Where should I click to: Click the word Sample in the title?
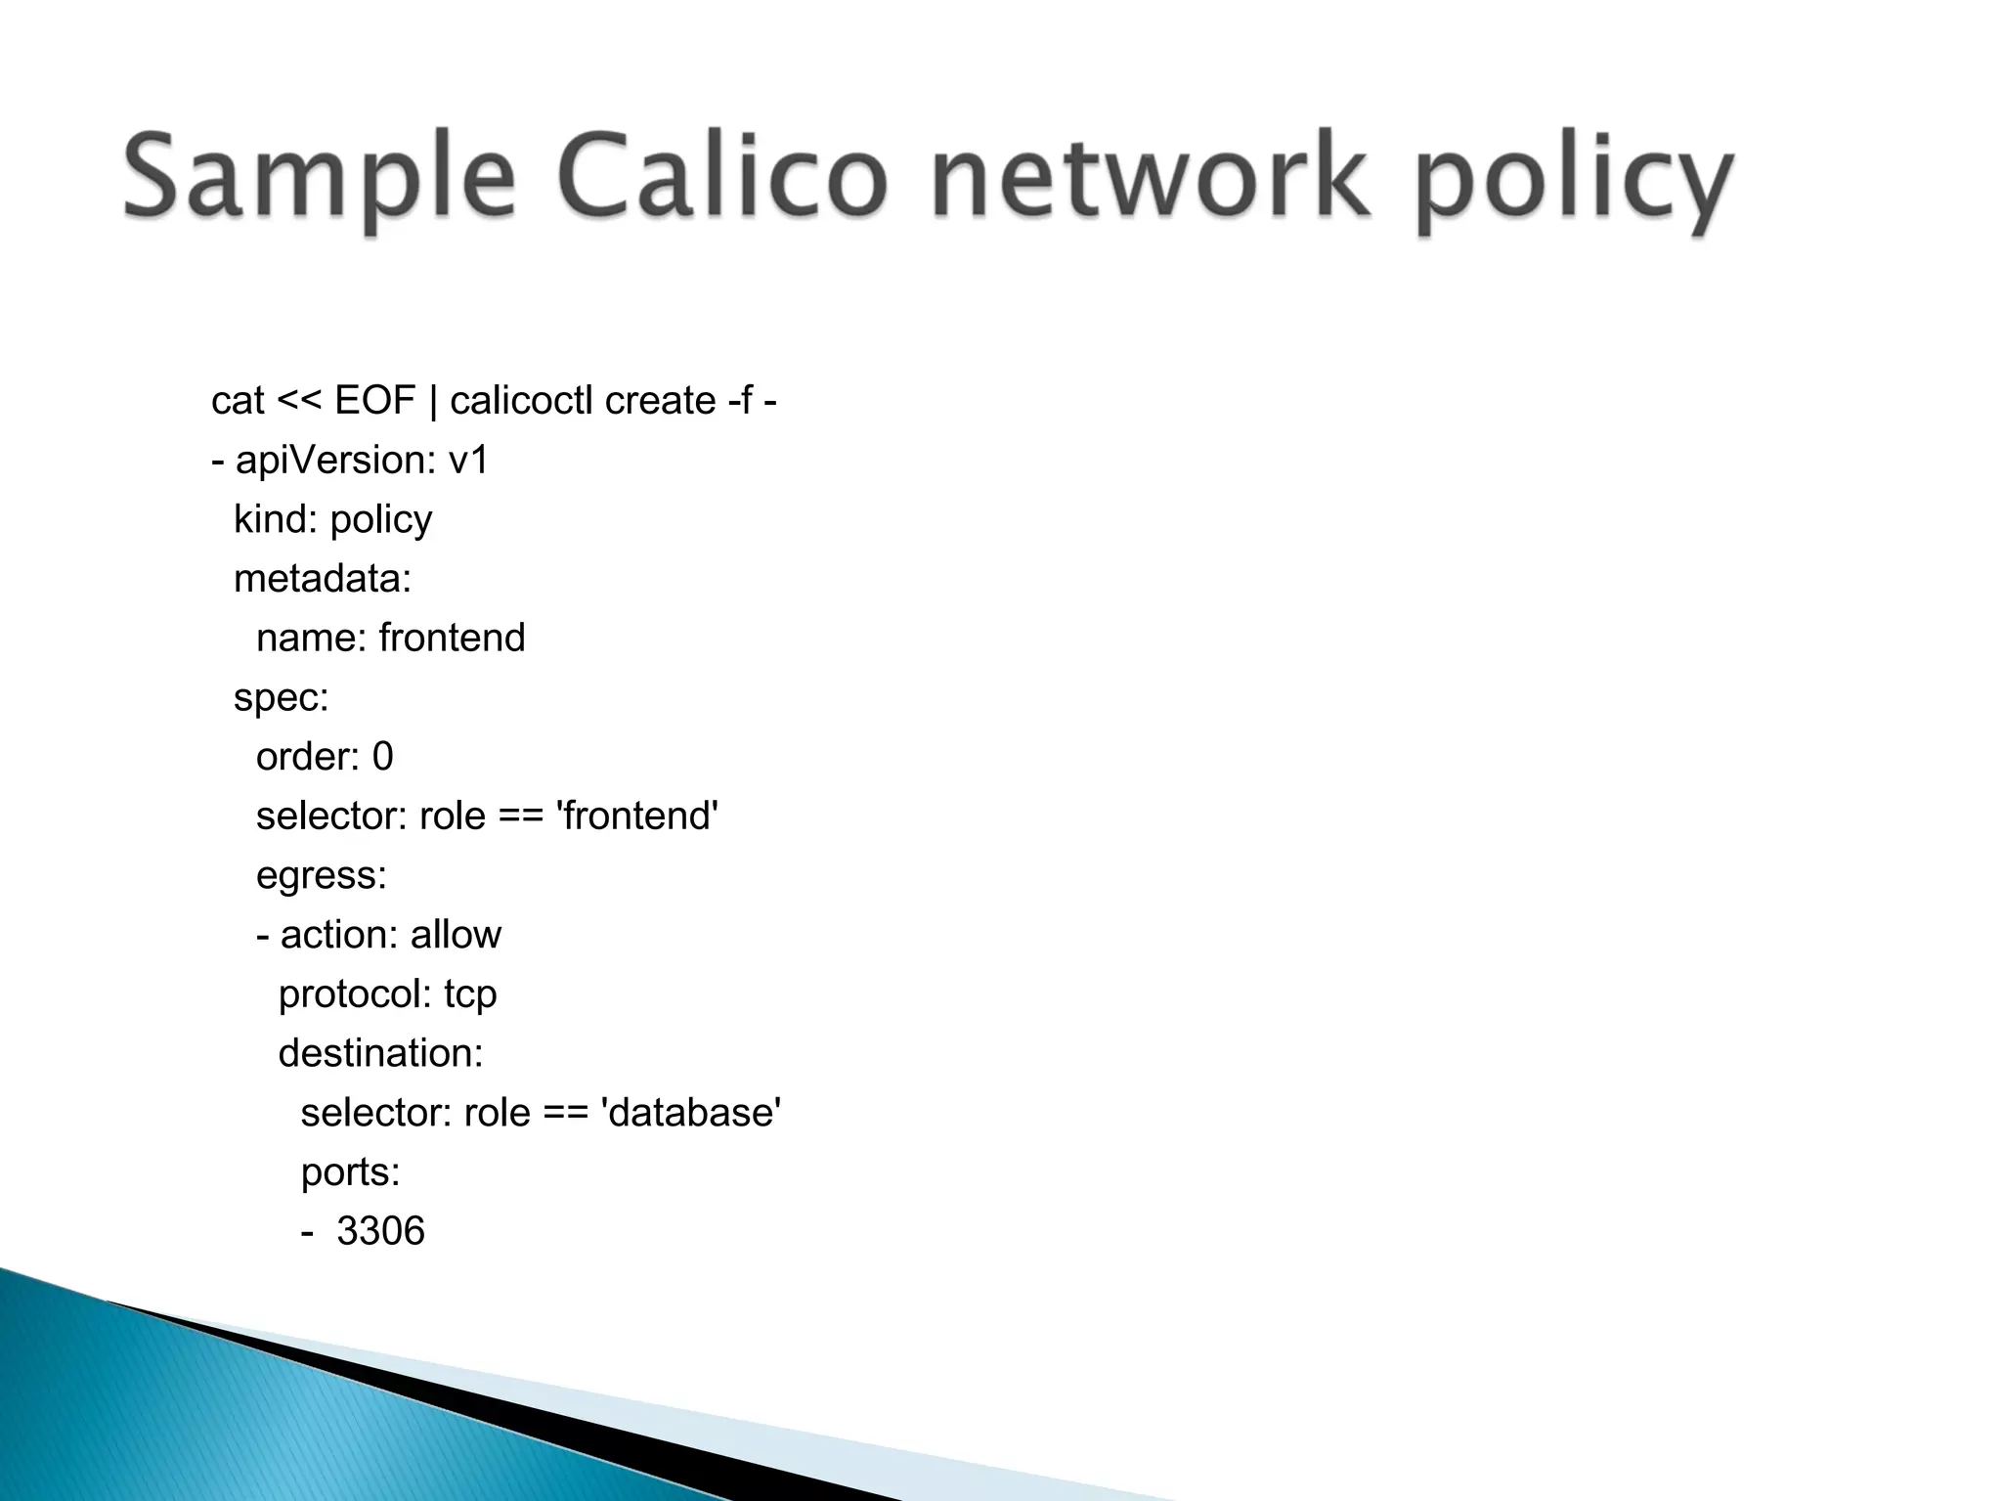319,179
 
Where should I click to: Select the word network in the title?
1150,179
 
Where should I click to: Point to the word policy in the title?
1574,183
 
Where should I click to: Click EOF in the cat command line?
375,401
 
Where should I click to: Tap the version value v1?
468,461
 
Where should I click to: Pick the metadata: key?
323,579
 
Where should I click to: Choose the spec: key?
282,698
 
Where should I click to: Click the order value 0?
382,757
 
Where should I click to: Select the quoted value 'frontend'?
637,817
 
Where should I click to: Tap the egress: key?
322,876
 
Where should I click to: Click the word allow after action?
456,935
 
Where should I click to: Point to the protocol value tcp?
470,994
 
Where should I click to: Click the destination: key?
381,1053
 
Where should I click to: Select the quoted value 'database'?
691,1113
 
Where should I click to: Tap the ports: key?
351,1172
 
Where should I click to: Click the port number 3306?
380,1231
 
